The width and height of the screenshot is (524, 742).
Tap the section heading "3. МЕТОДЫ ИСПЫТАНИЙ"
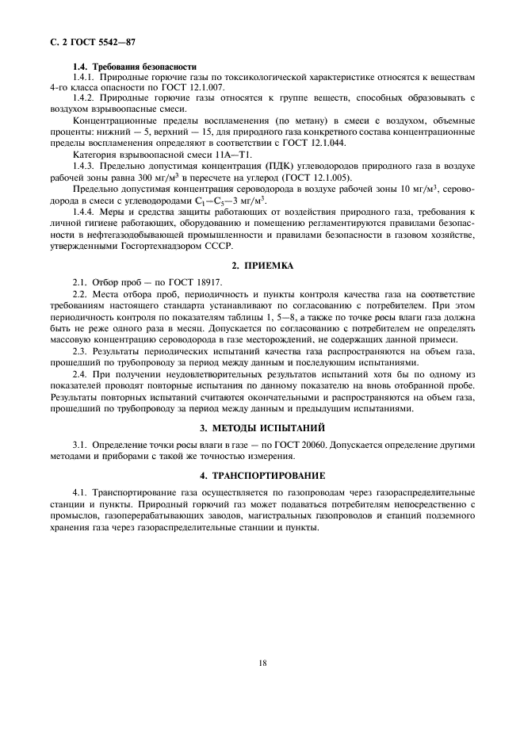(262, 428)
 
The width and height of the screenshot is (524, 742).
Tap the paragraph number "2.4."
(80, 375)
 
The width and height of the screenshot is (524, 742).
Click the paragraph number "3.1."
(80, 446)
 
